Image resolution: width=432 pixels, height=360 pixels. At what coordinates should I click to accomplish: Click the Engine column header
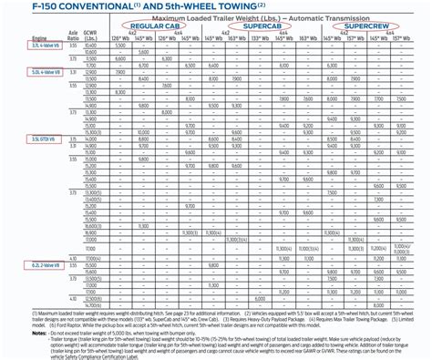13,39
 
